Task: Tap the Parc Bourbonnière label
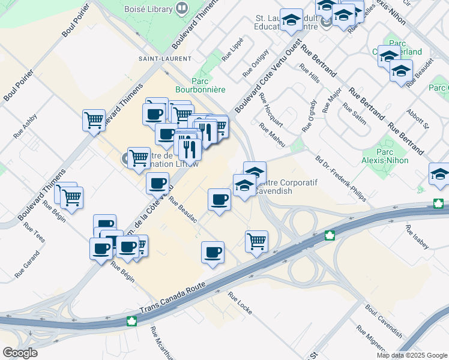[208, 85]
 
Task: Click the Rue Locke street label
[239, 304]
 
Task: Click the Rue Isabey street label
[417, 237]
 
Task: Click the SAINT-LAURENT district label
[156, 59]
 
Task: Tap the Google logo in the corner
[20, 352]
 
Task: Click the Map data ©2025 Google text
[412, 355]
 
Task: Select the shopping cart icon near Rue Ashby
[94, 121]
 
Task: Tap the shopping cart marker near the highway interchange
[256, 241]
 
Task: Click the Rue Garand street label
[28, 264]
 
